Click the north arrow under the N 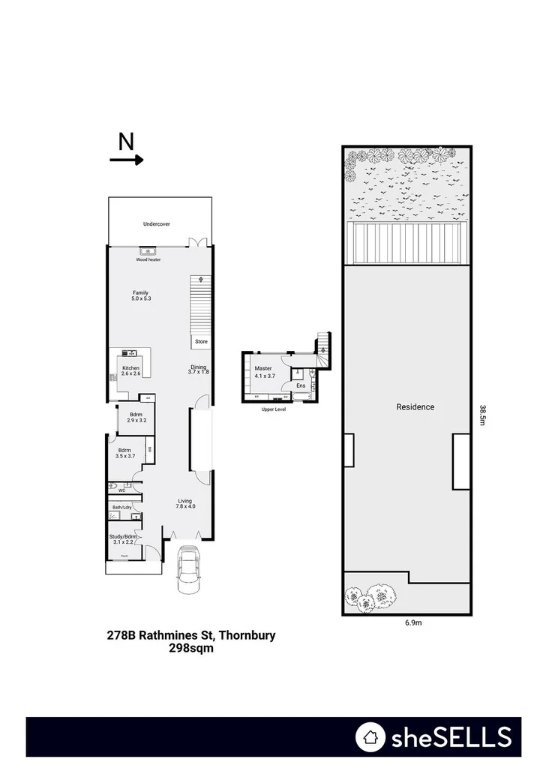click(126, 160)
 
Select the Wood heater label click(148, 260)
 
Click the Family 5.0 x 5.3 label click(140, 295)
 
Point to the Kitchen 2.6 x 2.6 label click(131, 370)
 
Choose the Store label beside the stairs click(201, 341)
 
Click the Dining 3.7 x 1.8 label click(199, 369)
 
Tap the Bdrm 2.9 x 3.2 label click(136, 417)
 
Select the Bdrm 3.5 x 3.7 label click(125, 453)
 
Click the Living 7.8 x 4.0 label click(185, 503)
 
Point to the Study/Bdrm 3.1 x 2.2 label click(124, 539)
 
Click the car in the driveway click(187, 569)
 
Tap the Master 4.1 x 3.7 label click(263, 372)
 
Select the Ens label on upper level click(301, 385)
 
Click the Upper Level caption click(273, 409)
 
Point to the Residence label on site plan click(415, 407)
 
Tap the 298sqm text click(192, 649)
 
